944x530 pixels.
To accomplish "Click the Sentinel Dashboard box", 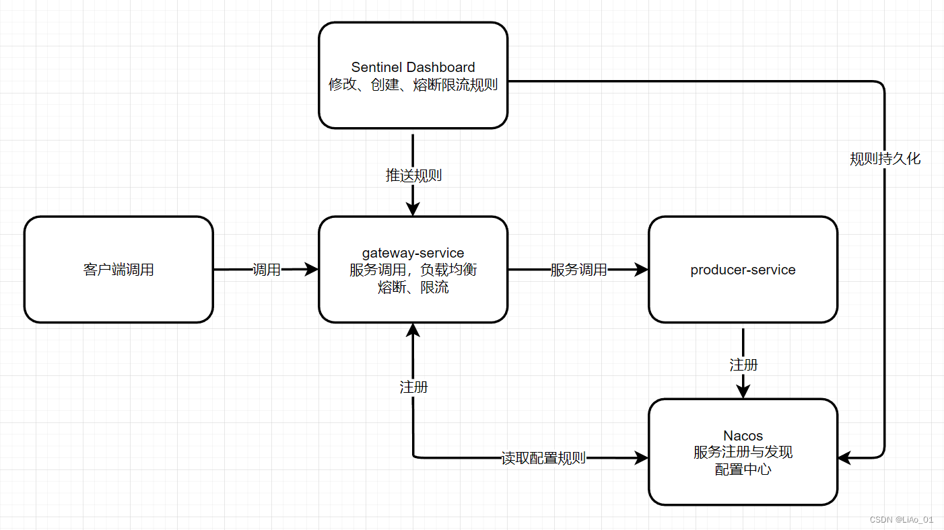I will pyautogui.click(x=413, y=75).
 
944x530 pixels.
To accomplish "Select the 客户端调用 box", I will pyautogui.click(x=119, y=270).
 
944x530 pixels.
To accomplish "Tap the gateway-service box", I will pyautogui.click(x=413, y=270).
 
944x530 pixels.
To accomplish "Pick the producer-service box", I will pyautogui.click(x=743, y=270).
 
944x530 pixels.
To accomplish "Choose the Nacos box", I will pyautogui.click(x=743, y=452).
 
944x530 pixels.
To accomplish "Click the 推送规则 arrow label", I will pyautogui.click(x=413, y=176).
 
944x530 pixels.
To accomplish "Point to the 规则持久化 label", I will pyautogui.click(x=885, y=159).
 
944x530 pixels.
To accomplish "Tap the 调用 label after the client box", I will pyautogui.click(x=266, y=270).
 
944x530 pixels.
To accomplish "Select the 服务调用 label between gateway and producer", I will pyautogui.click(x=578, y=270).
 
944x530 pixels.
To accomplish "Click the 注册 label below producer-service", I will pyautogui.click(x=743, y=365).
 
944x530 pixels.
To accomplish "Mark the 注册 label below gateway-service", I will pyautogui.click(x=413, y=387).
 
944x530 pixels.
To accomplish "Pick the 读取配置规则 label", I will pyautogui.click(x=543, y=458).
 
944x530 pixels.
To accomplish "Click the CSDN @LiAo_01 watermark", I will pyautogui.click(x=901, y=519).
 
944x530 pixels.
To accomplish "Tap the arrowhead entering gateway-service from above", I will pyautogui.click(x=413, y=209).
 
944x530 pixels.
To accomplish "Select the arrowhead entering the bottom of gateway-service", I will pyautogui.click(x=413, y=330).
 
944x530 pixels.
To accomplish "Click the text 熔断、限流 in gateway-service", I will pyautogui.click(x=413, y=287).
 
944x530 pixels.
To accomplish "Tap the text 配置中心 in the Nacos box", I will pyautogui.click(x=743, y=469).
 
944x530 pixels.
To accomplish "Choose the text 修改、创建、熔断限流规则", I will pyautogui.click(x=413, y=85).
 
